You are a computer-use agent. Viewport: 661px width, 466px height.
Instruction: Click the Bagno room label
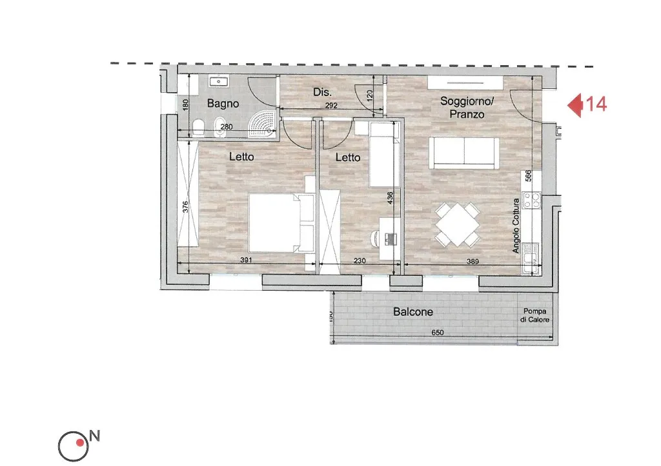(223, 104)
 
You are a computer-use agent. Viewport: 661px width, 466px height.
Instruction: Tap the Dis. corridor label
(322, 92)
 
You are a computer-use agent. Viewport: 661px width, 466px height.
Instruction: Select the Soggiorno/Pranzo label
(467, 108)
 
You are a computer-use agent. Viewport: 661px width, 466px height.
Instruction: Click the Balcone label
(412, 312)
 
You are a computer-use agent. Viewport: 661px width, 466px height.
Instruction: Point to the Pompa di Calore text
(534, 315)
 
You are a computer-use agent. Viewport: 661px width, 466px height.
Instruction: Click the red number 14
(596, 104)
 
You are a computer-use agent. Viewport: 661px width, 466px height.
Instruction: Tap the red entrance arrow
(575, 105)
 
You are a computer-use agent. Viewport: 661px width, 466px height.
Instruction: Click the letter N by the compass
(94, 436)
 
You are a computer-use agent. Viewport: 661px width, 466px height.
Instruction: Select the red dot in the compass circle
(79, 443)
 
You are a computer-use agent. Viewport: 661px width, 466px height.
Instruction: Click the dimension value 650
(438, 333)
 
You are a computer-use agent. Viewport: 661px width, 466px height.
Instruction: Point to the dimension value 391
(246, 260)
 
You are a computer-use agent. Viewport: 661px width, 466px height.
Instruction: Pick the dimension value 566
(529, 175)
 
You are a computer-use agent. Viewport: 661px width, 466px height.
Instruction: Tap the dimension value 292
(331, 106)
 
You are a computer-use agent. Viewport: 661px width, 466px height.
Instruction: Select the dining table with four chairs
(458, 224)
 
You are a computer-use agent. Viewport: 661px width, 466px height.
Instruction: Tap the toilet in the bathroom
(198, 127)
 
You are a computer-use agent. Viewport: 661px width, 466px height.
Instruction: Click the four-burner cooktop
(532, 200)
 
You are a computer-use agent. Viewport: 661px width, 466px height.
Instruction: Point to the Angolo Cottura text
(516, 226)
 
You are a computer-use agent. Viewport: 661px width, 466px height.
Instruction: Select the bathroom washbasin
(219, 81)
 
